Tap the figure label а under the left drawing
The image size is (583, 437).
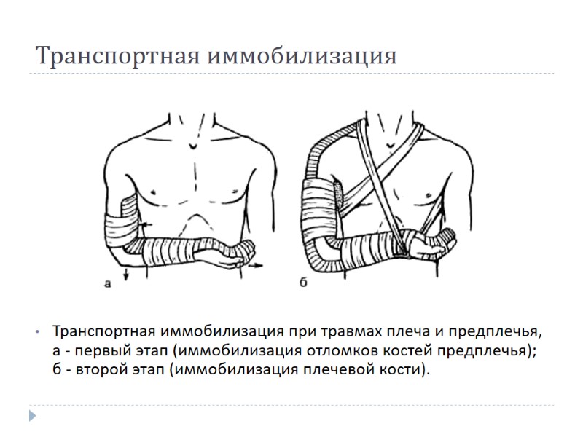(107, 285)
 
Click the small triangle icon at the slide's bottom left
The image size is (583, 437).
(32, 416)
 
